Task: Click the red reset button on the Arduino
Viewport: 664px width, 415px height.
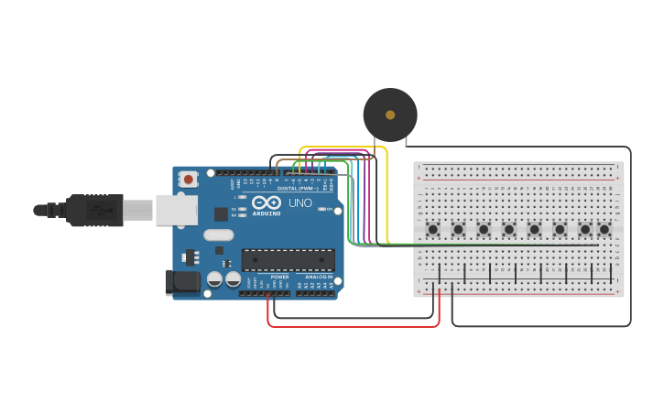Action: (x=188, y=179)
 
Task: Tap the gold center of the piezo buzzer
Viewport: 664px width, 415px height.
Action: (x=390, y=115)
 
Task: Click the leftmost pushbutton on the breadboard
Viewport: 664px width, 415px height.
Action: (x=432, y=229)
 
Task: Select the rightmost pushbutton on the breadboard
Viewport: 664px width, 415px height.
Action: (x=604, y=229)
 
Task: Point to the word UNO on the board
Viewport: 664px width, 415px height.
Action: (x=300, y=202)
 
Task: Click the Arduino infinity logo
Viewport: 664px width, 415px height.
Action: (x=267, y=202)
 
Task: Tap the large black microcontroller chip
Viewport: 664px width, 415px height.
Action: (x=288, y=260)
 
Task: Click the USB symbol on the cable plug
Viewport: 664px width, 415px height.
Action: (x=101, y=210)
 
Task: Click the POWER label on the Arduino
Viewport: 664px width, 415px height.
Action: (x=279, y=276)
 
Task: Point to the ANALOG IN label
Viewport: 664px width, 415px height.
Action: (x=319, y=276)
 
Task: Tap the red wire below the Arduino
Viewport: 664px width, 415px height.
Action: (x=353, y=325)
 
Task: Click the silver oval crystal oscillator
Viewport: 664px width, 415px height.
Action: (x=219, y=235)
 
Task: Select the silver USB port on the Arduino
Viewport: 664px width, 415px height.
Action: (x=176, y=210)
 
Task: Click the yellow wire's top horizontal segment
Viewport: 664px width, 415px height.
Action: (x=343, y=147)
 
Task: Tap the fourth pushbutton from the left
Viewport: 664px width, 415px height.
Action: (x=508, y=229)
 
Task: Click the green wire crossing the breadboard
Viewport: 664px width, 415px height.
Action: (x=476, y=245)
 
